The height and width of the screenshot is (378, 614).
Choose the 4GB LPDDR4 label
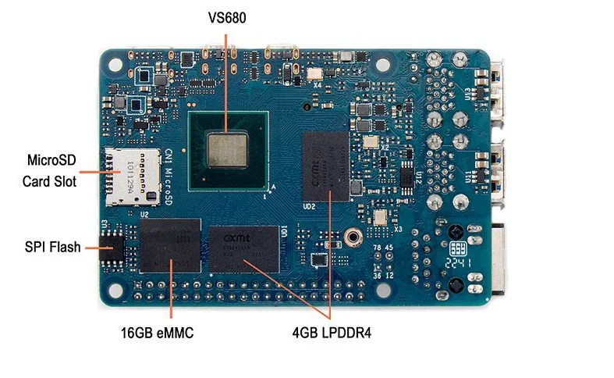click(332, 333)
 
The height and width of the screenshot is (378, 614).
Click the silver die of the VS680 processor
click(228, 148)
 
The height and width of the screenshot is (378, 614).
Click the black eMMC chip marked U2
click(170, 244)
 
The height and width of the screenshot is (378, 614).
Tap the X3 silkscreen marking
click(397, 229)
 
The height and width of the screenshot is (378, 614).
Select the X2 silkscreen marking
click(384, 145)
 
